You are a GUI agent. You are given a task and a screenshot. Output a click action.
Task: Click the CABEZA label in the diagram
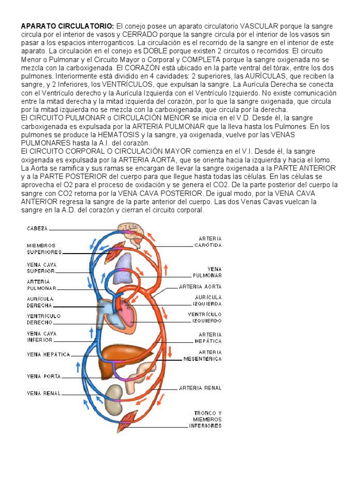point(37,229)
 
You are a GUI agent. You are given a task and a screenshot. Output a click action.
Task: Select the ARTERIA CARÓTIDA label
point(209,241)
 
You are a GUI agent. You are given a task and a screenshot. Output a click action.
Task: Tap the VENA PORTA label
point(44,376)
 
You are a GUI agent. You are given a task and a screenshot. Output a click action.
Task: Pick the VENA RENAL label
point(44,393)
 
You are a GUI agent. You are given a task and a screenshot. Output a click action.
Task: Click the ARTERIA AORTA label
point(200,286)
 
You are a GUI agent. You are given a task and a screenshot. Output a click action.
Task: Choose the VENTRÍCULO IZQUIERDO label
point(205,317)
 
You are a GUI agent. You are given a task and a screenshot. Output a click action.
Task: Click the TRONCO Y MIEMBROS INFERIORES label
point(205,420)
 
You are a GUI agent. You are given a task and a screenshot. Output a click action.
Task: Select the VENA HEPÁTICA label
point(48,355)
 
